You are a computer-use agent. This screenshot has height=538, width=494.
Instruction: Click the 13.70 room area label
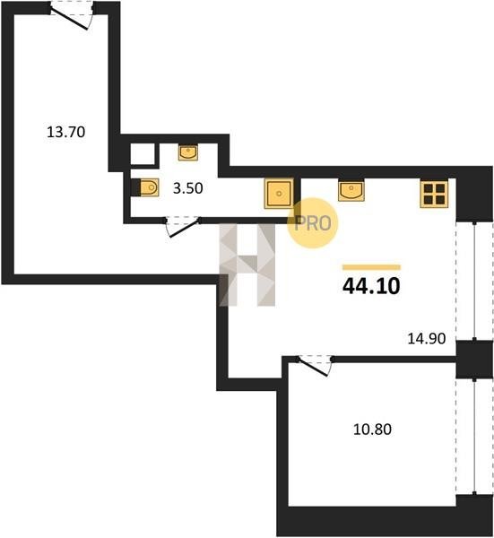click(x=65, y=132)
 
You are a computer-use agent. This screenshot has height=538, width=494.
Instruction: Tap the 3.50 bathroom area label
click(x=187, y=188)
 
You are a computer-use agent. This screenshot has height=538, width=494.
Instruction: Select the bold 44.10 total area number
click(x=371, y=286)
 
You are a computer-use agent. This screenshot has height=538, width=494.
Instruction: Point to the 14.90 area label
click(x=427, y=339)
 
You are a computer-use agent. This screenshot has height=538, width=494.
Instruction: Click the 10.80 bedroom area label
click(x=372, y=430)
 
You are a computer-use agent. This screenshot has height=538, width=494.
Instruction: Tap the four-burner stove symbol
click(x=434, y=195)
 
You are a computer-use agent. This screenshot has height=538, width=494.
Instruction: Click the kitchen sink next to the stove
click(x=351, y=191)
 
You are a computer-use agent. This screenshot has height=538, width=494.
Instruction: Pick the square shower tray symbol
click(x=279, y=194)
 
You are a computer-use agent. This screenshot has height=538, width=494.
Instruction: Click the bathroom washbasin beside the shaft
click(x=188, y=152)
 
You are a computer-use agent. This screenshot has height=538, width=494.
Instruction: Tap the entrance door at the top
click(x=72, y=14)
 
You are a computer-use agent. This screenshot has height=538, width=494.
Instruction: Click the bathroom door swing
click(x=183, y=227)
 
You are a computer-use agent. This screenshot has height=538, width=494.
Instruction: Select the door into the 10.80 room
click(x=314, y=366)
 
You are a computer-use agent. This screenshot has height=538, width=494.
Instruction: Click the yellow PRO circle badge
click(x=313, y=223)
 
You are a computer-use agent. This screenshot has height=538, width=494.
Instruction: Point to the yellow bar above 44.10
click(x=371, y=267)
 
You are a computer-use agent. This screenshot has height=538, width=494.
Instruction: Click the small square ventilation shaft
click(x=143, y=154)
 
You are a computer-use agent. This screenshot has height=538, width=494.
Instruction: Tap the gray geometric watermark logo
click(x=247, y=265)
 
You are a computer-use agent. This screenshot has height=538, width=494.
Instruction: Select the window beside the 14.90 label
click(x=474, y=282)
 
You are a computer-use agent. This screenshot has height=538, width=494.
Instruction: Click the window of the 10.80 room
click(x=474, y=437)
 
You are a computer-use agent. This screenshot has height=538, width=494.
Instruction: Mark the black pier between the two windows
click(x=474, y=360)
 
